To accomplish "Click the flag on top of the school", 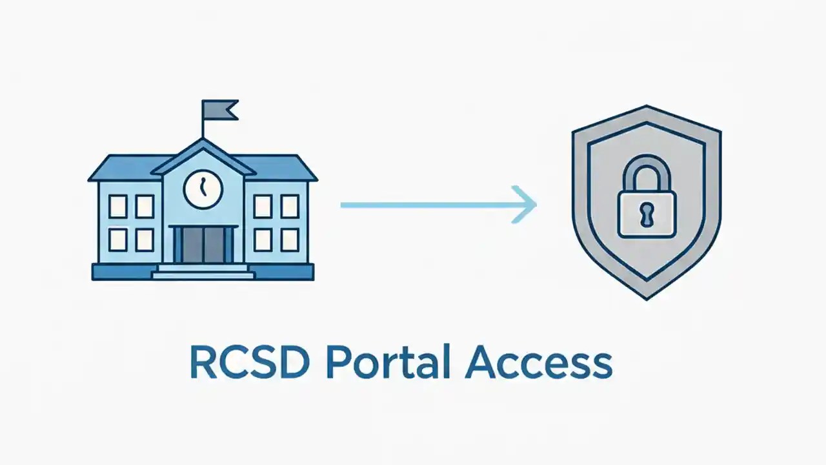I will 219,110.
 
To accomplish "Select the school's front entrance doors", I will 203,245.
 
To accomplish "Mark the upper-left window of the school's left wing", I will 117,206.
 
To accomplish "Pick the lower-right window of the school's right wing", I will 290,240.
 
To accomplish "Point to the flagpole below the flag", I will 203,129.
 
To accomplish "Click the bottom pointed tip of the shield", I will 646,296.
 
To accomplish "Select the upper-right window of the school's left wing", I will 145,206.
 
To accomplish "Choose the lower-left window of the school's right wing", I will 263,240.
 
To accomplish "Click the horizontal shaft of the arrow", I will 426,205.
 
